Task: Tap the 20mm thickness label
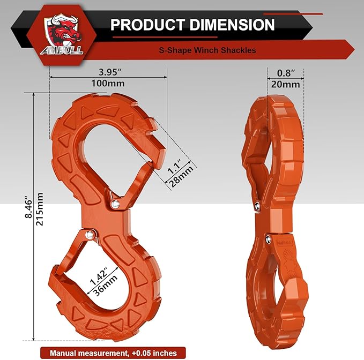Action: [285, 85]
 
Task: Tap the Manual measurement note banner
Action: [109, 352]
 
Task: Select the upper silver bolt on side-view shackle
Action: [258, 206]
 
